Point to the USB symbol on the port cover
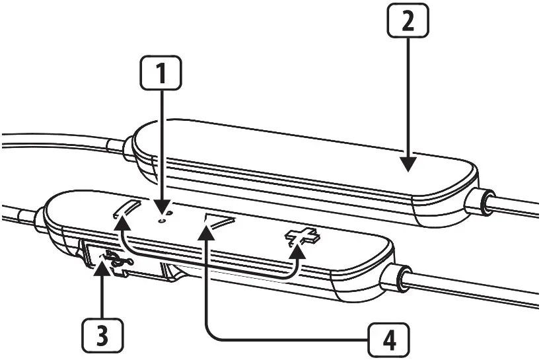[x=114, y=260]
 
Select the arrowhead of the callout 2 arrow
[x=408, y=165]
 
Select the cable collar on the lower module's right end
[x=399, y=278]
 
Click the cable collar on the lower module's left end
[x=38, y=217]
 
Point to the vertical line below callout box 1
[x=161, y=145]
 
